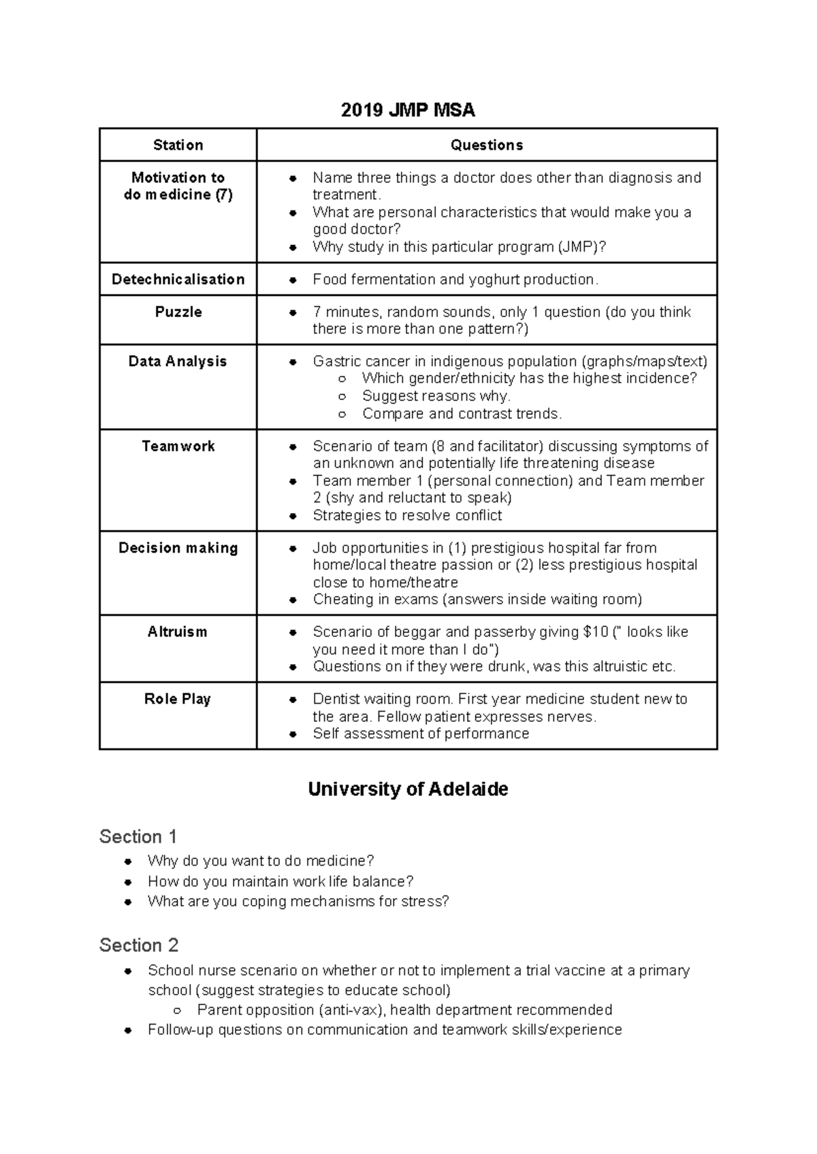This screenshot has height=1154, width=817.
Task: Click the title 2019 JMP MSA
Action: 408,110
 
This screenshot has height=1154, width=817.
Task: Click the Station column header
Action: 178,145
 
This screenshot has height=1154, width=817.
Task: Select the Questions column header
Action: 487,145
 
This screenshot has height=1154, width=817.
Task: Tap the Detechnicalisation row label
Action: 178,279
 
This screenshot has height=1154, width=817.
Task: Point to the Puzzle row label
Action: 178,312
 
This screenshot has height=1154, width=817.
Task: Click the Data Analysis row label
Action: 178,361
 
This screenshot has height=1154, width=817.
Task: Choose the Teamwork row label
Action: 178,446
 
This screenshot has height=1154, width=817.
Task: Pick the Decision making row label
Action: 178,548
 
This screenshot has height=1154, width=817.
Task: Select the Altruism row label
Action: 177,632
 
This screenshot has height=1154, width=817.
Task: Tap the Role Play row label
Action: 178,699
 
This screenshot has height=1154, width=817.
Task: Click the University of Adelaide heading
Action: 408,789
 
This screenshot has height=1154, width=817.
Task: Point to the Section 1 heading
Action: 138,836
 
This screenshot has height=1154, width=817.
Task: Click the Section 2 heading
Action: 139,945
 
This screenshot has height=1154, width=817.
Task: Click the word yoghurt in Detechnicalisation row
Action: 479,280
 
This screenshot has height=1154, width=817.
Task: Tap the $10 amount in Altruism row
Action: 596,632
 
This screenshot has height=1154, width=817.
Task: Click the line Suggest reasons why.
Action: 436,396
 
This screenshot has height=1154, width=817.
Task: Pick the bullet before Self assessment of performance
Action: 293,734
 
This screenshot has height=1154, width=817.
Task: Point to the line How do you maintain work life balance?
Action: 281,881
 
